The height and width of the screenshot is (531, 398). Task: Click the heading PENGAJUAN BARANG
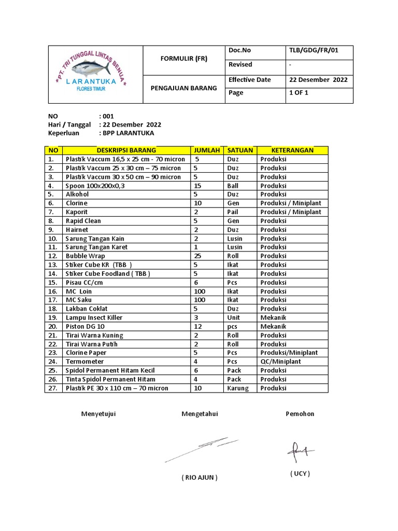(x=183, y=88)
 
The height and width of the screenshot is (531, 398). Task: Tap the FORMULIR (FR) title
(x=183, y=59)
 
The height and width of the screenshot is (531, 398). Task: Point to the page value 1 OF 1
(x=298, y=93)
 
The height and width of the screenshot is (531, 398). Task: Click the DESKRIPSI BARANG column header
(x=126, y=150)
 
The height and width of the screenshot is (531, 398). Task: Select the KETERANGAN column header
(x=292, y=150)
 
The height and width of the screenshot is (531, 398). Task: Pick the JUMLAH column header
(x=207, y=150)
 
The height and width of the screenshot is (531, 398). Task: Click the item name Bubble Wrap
(x=85, y=256)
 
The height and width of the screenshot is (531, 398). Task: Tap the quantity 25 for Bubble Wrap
(x=197, y=256)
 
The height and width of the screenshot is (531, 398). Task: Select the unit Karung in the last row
(x=238, y=388)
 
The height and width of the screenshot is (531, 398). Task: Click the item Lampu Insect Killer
(x=94, y=318)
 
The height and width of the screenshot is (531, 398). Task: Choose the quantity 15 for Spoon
(x=197, y=186)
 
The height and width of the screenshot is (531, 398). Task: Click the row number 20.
(x=52, y=327)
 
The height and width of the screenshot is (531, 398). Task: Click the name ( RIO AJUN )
(x=200, y=478)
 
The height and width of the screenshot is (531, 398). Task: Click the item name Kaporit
(x=77, y=212)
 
